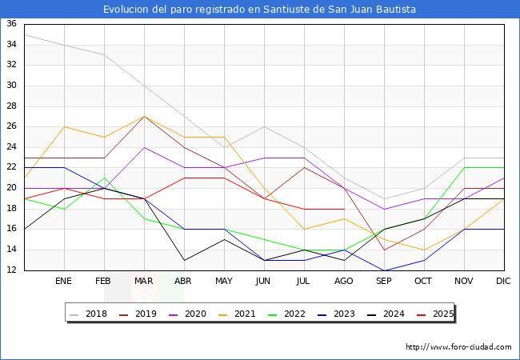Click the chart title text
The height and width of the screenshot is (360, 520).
[260, 9]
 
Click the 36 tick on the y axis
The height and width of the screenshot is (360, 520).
[12, 24]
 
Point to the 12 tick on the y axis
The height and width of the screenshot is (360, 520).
[12, 270]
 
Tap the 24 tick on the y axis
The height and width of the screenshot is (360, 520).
[12, 147]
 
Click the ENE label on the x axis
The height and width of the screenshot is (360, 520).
[64, 282]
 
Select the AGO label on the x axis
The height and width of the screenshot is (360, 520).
[344, 282]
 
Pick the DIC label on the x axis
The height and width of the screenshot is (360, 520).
[504, 282]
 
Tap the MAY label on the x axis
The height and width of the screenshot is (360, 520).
[224, 282]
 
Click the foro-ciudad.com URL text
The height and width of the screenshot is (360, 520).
[458, 347]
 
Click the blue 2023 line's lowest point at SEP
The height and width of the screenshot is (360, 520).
[384, 270]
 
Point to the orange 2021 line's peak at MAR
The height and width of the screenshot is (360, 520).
[144, 116]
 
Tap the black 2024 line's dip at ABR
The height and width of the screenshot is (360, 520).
[184, 260]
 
